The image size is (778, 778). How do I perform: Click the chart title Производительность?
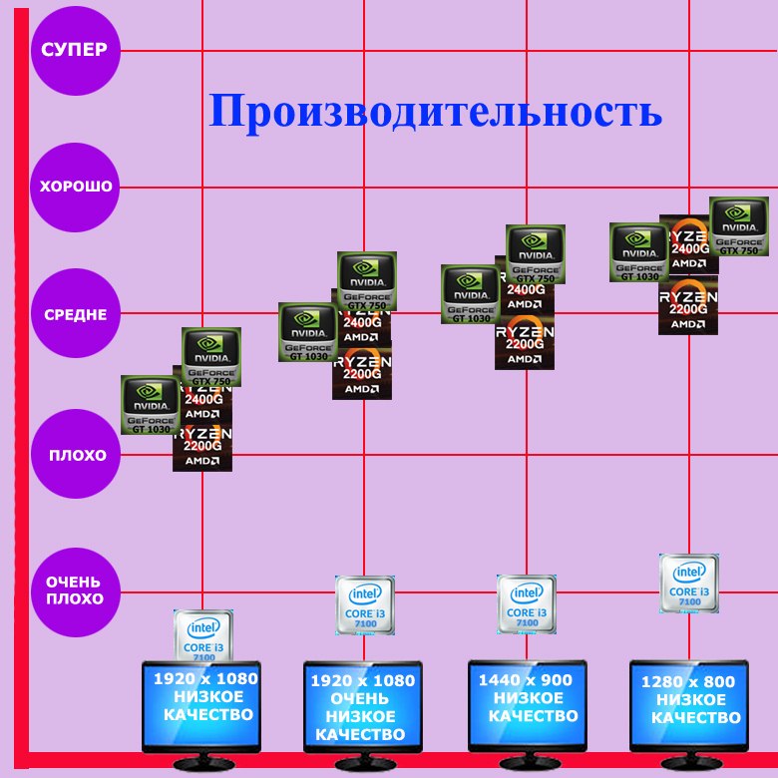(435, 112)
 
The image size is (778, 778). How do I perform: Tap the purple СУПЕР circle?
(75, 50)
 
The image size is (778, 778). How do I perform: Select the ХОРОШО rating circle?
(75, 187)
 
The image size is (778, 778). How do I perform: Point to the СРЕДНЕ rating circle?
(75, 315)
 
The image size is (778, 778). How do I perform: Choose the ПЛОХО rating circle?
(75, 456)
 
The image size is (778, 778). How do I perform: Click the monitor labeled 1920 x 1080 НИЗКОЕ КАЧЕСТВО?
(201, 704)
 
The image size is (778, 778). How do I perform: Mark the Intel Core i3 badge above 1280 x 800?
(688, 583)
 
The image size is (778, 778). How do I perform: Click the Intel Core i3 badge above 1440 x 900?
(527, 603)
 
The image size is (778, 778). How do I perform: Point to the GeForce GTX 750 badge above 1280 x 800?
(738, 226)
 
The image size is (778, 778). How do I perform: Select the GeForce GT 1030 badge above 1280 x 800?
(638, 252)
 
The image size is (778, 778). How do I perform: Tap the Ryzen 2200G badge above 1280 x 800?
(688, 306)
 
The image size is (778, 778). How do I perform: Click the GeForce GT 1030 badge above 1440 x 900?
(471, 294)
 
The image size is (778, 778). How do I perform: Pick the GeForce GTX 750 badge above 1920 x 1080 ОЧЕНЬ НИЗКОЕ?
(367, 281)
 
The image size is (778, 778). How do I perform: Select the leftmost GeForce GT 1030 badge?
(150, 405)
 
